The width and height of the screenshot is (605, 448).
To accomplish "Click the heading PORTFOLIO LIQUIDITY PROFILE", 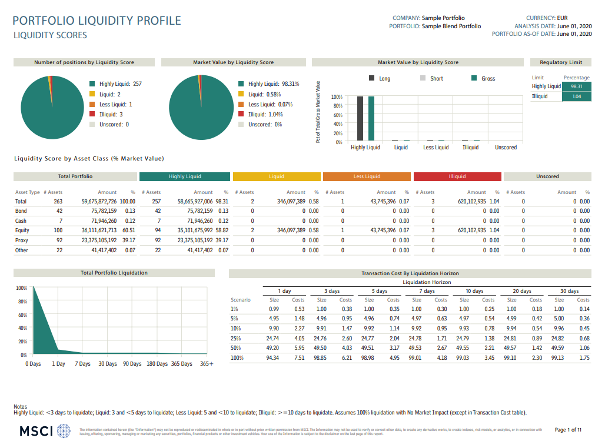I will click(x=97, y=21).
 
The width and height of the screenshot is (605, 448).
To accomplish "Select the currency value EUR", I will click(x=562, y=18).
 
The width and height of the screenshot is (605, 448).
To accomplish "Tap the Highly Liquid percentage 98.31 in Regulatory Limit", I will click(x=576, y=86).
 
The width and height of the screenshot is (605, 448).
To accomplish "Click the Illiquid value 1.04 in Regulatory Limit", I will click(x=576, y=96).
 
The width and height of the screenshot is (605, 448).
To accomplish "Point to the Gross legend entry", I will click(x=486, y=78).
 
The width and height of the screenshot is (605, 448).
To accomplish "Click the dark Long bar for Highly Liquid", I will click(x=360, y=118).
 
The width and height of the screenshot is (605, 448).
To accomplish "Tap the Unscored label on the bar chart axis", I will click(x=506, y=148).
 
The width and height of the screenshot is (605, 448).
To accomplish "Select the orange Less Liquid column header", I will click(x=367, y=176).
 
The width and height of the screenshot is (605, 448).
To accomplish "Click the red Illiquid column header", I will click(x=457, y=176).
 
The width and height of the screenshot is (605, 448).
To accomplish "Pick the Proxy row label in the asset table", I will click(x=22, y=240).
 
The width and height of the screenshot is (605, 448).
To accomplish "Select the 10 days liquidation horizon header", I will click(x=474, y=291).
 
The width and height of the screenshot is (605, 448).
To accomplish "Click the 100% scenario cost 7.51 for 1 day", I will click(x=298, y=357).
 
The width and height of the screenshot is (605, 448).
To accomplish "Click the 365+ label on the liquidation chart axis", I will click(x=207, y=364).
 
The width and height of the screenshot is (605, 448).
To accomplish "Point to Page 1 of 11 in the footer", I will click(x=568, y=430).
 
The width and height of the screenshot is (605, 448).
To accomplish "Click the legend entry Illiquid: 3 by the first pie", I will click(x=111, y=115).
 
